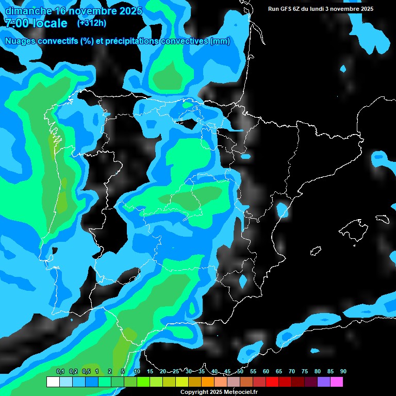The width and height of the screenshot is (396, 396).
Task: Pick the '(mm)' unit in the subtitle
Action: coord(220,41)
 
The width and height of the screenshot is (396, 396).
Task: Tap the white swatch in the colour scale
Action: coord(53,382)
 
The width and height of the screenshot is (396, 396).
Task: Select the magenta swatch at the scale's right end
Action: coord(337,382)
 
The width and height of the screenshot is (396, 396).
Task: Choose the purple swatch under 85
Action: coord(324,382)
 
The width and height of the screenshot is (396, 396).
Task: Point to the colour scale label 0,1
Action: coord(60,372)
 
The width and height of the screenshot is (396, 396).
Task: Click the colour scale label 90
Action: coord(343,372)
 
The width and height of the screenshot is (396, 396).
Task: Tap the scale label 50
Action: coord(240,372)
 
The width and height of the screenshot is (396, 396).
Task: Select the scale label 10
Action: coord(137,372)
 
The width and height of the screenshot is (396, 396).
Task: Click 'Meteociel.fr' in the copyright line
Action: coord(241,392)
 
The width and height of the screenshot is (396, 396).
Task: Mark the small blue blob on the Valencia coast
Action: coord(282,210)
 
